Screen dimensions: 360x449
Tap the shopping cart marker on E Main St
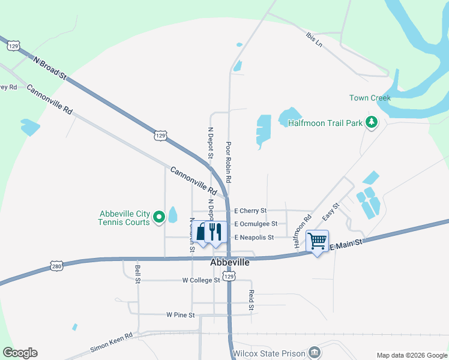point(318,241)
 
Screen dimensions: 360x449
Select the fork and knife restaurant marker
point(215,232)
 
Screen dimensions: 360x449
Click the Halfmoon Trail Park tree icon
point(372,122)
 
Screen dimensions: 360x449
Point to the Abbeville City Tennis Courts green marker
point(159,217)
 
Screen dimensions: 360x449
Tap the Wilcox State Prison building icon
point(313,352)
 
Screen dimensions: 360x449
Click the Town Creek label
point(370,98)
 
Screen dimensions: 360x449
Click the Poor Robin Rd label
point(229,162)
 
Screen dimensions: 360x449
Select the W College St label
point(201,280)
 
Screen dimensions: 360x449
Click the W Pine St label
point(181,315)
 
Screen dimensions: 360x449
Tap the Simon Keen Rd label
point(111,344)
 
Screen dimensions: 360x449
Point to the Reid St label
point(252,299)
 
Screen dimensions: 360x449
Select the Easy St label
point(331,211)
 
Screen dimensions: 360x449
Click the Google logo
point(20,353)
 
